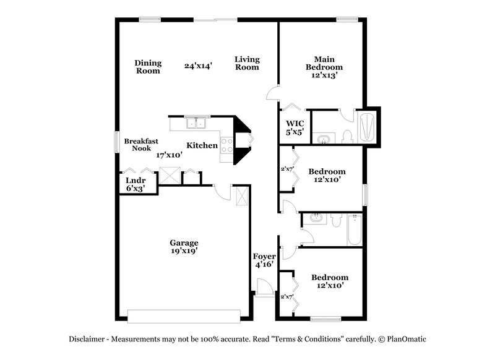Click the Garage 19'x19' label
point(184,247)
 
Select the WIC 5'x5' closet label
point(294,127)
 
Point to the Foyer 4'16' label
point(264,260)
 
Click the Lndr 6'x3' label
point(136,184)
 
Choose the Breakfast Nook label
point(137,145)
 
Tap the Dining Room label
point(148,66)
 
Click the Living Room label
point(247,63)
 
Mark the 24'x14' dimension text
point(199,66)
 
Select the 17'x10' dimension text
point(169,155)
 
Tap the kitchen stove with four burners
point(226,145)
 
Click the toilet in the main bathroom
point(347,136)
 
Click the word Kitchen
point(202,145)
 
